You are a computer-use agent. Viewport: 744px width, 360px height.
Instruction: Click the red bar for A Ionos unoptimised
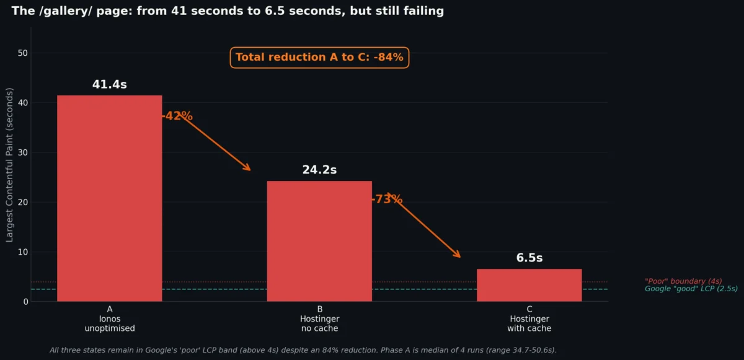(109, 198)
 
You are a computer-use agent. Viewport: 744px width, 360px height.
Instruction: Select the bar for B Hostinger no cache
(319, 241)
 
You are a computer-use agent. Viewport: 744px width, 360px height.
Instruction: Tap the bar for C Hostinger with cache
(529, 285)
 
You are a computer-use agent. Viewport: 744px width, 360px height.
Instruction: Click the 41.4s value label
(109, 85)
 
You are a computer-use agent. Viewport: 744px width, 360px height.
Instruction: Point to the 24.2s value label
(319, 170)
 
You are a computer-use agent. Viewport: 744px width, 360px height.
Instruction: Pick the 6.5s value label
(529, 258)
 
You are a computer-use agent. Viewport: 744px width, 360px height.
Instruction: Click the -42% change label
(178, 116)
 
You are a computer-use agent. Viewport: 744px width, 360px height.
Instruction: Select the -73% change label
(387, 200)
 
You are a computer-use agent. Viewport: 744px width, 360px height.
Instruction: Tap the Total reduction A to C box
(319, 58)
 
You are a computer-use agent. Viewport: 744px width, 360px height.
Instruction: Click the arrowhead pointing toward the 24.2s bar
(249, 169)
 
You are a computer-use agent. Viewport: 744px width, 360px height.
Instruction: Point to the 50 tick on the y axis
(23, 53)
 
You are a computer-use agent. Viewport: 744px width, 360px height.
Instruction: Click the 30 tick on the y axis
(23, 152)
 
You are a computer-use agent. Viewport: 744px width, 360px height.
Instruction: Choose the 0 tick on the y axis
(25, 302)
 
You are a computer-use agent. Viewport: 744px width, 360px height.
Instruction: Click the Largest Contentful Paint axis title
(9, 164)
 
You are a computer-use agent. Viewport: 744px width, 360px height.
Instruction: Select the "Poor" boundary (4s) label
(683, 281)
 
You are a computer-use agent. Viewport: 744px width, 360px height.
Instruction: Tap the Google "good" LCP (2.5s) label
(691, 289)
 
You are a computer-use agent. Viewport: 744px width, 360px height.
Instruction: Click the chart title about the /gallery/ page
(228, 11)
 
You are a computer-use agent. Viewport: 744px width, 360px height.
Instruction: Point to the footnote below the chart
(303, 350)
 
